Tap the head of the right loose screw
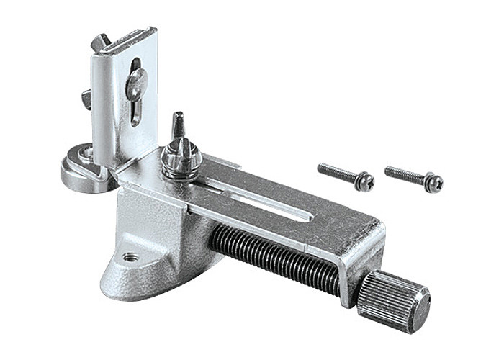pyautogui.click(x=433, y=184)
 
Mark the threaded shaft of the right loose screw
pyautogui.click(x=403, y=174)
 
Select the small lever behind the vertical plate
pyautogui.click(x=86, y=97)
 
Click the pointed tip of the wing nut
pyautogui.click(x=176, y=118)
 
